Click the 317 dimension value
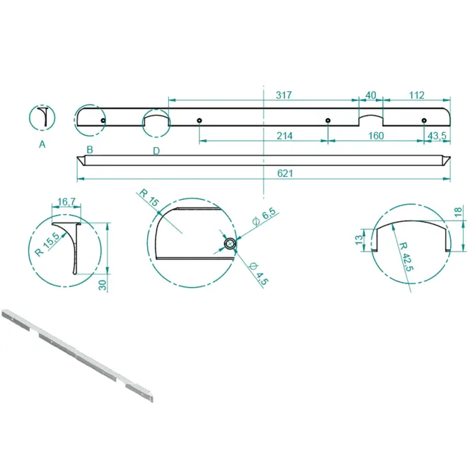[x=283, y=95]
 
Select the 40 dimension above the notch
[x=371, y=95]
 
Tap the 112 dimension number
[x=417, y=95]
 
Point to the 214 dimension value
[x=284, y=136]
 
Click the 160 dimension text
[x=376, y=136]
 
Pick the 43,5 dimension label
[x=437, y=136]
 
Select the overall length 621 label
[x=285, y=173]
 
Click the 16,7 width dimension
[x=66, y=201]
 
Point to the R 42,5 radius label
[x=406, y=257]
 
